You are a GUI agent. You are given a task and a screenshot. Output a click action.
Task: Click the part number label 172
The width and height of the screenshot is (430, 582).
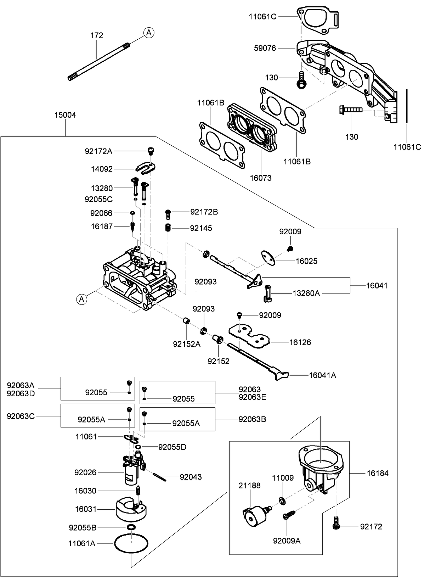(97, 35)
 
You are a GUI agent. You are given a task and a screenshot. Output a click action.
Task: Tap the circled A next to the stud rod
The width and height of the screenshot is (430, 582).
(149, 33)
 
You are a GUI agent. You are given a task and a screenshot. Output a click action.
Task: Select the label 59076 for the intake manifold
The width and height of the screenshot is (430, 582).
(265, 48)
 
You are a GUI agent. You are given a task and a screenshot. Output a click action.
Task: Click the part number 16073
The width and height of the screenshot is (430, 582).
(261, 178)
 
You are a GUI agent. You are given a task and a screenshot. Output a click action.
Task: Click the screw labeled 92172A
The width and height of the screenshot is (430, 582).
(151, 151)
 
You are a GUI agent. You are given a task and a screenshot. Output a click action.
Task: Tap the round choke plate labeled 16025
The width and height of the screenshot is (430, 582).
(268, 257)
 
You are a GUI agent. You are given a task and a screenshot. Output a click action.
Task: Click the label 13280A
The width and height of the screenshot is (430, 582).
(306, 293)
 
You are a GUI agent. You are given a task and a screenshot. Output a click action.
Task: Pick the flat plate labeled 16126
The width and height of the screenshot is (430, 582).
(250, 335)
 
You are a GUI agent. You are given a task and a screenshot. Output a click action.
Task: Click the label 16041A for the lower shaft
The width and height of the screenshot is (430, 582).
(322, 375)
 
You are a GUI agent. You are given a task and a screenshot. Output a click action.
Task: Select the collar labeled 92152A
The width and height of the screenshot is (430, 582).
(187, 321)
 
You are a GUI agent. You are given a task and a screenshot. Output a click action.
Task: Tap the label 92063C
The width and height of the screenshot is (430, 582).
(21, 416)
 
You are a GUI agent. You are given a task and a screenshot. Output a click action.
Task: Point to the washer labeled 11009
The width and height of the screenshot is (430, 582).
(282, 500)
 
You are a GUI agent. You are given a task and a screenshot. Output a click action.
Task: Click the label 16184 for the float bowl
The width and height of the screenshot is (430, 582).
(377, 473)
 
